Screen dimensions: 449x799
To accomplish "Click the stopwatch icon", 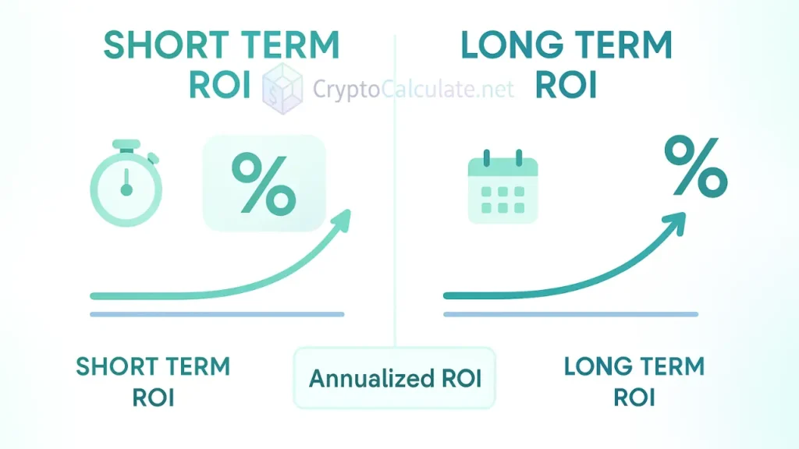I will pyautogui.click(x=126, y=186).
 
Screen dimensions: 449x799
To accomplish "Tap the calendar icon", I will pyautogui.click(x=502, y=190).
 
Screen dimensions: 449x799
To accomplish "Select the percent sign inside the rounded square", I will pyautogui.click(x=264, y=184).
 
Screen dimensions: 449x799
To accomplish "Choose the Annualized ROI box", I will pyautogui.click(x=395, y=378).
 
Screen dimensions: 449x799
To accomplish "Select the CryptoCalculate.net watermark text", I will pyautogui.click(x=414, y=89).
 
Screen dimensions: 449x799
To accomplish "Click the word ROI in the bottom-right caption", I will pyautogui.click(x=634, y=397).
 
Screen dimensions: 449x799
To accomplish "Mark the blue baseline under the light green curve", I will pyautogui.click(x=217, y=314).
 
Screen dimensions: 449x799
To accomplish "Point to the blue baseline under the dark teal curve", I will pyautogui.click(x=570, y=314).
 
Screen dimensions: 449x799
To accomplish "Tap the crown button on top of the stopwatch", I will pyautogui.click(x=126, y=145).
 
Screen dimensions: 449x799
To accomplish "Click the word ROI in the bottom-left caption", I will pyautogui.click(x=153, y=397).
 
